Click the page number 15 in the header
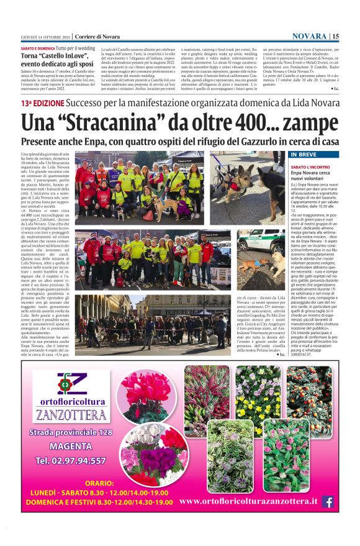[336, 36]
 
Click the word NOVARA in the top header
[309, 36]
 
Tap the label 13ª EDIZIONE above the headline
[42, 103]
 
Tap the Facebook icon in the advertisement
[327, 501]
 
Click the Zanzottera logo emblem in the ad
[66, 383]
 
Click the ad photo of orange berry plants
[308, 392]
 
